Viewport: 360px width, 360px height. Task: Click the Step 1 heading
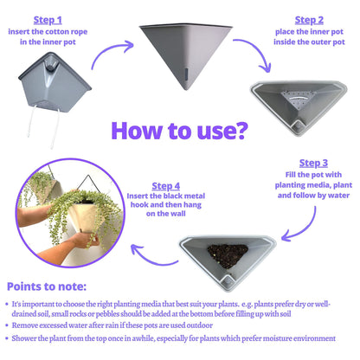pyautogui.click(x=48, y=20)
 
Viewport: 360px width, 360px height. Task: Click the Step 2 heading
pyautogui.click(x=309, y=20)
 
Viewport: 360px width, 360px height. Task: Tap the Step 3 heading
pyautogui.click(x=313, y=164)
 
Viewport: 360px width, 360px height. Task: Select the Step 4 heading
pyautogui.click(x=166, y=186)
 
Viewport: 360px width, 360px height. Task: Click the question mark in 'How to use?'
pyautogui.click(x=240, y=131)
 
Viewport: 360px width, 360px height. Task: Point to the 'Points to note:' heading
pyautogui.click(x=47, y=286)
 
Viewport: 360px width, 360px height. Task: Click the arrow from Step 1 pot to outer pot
pyautogui.click(x=111, y=52)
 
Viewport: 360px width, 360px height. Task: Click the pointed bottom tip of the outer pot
pyautogui.click(x=186, y=89)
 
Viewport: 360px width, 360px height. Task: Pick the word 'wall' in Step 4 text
pyautogui.click(x=179, y=214)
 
